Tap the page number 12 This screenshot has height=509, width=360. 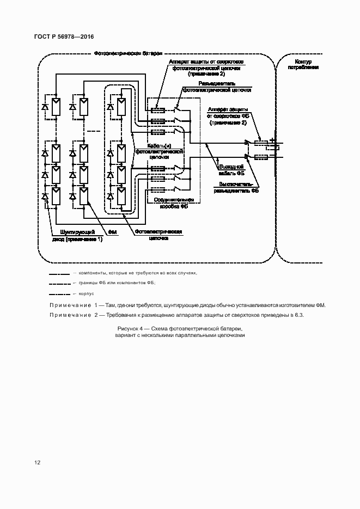(x=38, y=463)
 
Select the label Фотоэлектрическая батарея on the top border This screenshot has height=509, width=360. (x=128, y=54)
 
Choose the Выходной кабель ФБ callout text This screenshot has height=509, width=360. (x=231, y=170)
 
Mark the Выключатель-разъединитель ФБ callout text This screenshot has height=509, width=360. (x=236, y=188)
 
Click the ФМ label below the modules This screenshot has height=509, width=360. (x=113, y=232)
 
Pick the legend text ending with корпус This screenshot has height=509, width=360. (x=87, y=293)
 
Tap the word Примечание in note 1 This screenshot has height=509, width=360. (x=70, y=306)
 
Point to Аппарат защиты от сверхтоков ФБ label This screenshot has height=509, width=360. (x=227, y=116)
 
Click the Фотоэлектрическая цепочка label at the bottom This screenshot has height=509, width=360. (x=158, y=235)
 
